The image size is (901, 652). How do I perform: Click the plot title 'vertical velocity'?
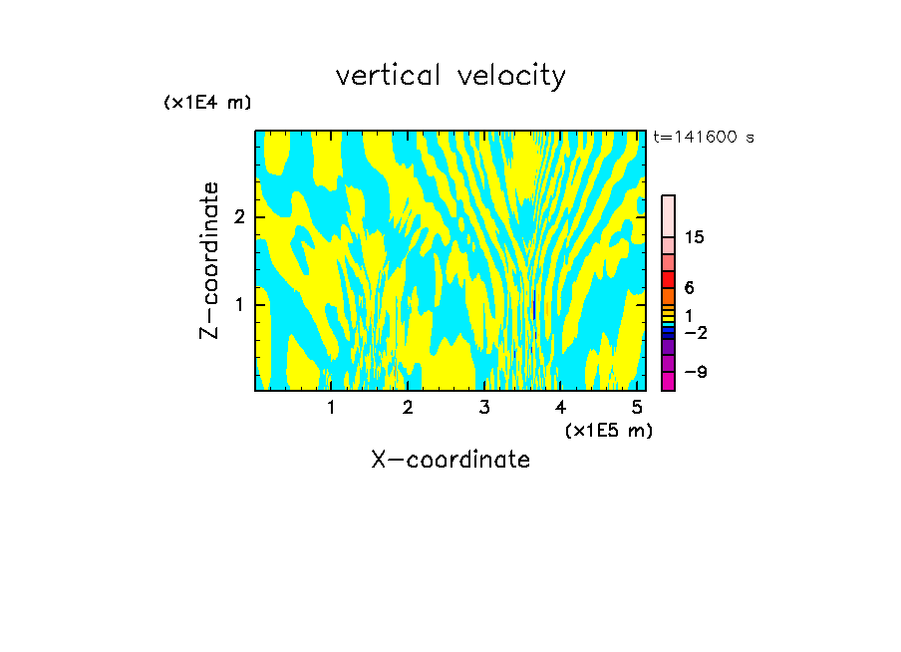pyautogui.click(x=450, y=76)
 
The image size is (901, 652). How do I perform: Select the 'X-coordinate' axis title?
pyautogui.click(x=450, y=460)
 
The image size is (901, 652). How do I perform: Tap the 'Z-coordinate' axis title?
pyautogui.click(x=209, y=260)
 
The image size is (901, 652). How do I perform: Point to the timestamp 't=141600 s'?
pyautogui.click(x=703, y=138)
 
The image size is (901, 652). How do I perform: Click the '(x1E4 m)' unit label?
pyautogui.click(x=207, y=103)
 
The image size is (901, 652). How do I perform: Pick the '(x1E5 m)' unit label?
pyautogui.click(x=608, y=430)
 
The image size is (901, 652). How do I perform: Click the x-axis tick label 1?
pyautogui.click(x=331, y=407)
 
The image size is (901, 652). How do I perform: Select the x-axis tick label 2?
pyautogui.click(x=408, y=407)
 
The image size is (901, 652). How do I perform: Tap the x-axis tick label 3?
pyautogui.click(x=484, y=407)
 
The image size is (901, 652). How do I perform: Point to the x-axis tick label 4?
pyautogui.click(x=561, y=407)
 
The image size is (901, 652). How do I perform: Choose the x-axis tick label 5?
pyautogui.click(x=637, y=407)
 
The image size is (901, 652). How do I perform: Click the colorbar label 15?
pyautogui.click(x=695, y=237)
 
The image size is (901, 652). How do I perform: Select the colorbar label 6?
pyautogui.click(x=689, y=287)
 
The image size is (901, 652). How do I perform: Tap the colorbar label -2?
pyautogui.click(x=695, y=333)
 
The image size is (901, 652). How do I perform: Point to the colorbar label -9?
pyautogui.click(x=695, y=372)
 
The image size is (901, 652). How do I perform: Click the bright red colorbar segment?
pyautogui.click(x=668, y=279)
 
